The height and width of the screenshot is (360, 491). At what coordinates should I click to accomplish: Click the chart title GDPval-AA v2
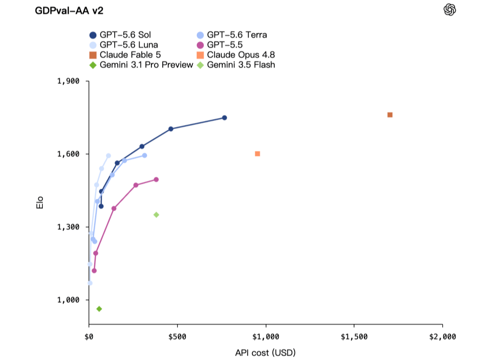[x=69, y=10]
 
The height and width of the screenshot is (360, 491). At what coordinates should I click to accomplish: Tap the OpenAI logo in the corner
[x=450, y=10]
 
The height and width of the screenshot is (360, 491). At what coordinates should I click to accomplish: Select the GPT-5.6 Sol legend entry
[x=120, y=35]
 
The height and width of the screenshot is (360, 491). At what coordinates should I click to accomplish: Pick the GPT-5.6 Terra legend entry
[x=232, y=35]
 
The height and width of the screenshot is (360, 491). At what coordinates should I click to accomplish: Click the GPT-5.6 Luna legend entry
[x=124, y=45]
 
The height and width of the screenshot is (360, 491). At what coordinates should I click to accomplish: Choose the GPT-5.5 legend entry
[x=220, y=45]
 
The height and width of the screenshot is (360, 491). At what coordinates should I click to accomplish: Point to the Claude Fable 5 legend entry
[x=125, y=55]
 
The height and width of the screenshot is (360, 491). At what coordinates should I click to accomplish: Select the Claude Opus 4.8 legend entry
[x=236, y=55]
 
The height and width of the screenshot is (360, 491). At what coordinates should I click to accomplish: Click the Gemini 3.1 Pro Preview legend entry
[x=141, y=65]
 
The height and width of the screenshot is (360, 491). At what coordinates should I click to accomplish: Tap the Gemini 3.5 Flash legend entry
[x=236, y=65]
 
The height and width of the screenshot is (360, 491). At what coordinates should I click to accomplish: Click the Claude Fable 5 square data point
[x=390, y=115]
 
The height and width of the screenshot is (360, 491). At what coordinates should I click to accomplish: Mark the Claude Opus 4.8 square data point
[x=257, y=154]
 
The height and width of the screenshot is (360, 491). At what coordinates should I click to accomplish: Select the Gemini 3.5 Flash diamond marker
[x=156, y=215]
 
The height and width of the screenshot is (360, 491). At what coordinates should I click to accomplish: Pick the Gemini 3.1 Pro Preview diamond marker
[x=99, y=309]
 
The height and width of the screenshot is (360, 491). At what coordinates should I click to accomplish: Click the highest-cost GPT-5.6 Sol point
[x=225, y=118]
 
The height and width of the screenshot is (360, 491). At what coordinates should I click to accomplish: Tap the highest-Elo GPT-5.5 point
[x=156, y=180]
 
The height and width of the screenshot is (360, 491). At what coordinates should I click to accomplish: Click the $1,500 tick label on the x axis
[x=354, y=337]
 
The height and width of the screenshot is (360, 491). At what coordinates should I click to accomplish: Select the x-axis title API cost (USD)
[x=266, y=353]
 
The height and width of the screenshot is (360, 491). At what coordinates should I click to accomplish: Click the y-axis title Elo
[x=40, y=203]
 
